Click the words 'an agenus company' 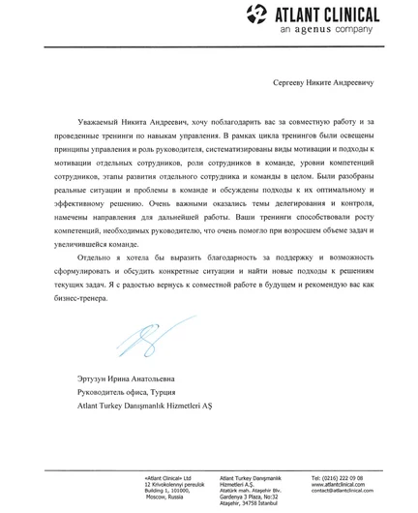pos(325,30)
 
